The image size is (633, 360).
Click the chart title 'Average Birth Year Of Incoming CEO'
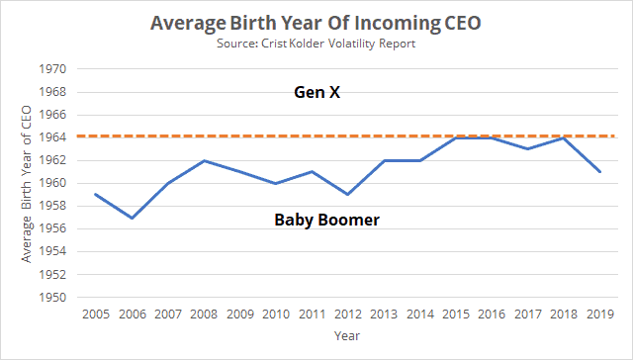(x=316, y=21)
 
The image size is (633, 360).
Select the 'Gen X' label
(x=316, y=93)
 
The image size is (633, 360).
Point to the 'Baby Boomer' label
(x=327, y=219)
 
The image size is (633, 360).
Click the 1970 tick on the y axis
(x=51, y=69)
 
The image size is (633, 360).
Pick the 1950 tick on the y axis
(x=51, y=298)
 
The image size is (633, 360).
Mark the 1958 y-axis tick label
(x=51, y=206)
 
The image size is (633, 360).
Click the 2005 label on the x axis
(x=95, y=315)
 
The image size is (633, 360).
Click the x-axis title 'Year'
(x=345, y=337)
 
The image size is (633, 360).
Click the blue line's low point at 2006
(x=131, y=218)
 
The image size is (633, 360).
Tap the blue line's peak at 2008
(x=203, y=160)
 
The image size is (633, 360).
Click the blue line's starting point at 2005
(x=95, y=194)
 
